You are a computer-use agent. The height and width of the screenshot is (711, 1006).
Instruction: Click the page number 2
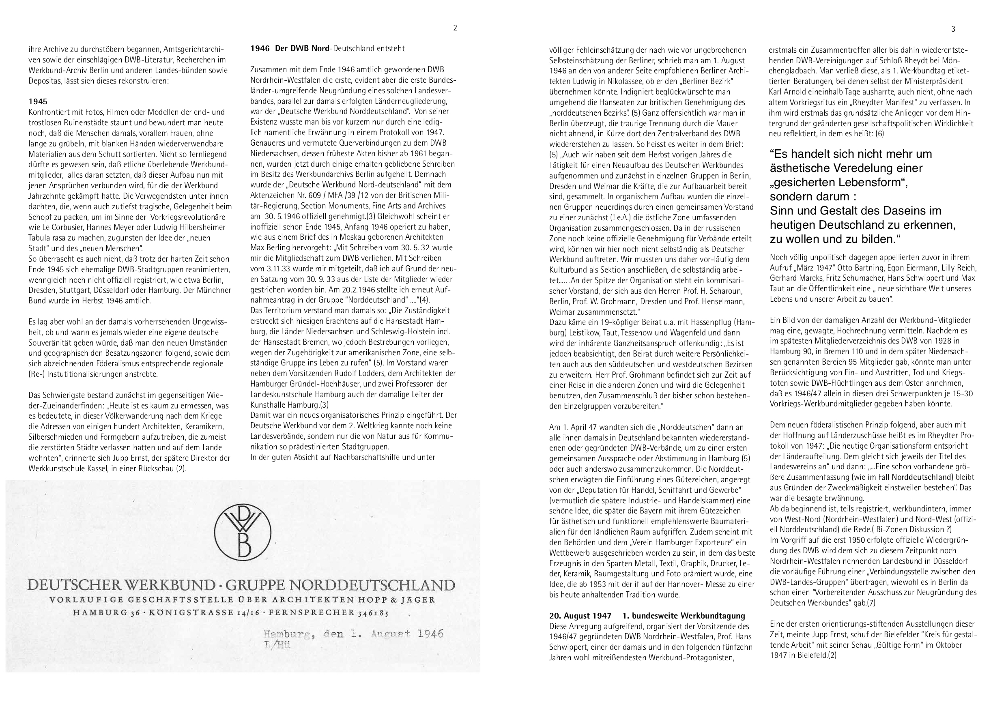[x=455, y=28]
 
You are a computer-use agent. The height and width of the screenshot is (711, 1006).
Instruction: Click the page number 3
[x=953, y=29]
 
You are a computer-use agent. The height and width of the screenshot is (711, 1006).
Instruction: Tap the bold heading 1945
[x=38, y=102]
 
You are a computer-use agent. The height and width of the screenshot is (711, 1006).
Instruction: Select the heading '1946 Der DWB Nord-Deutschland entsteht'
[x=327, y=49]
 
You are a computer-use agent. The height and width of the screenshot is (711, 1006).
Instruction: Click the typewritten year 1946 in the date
[x=431, y=634]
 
